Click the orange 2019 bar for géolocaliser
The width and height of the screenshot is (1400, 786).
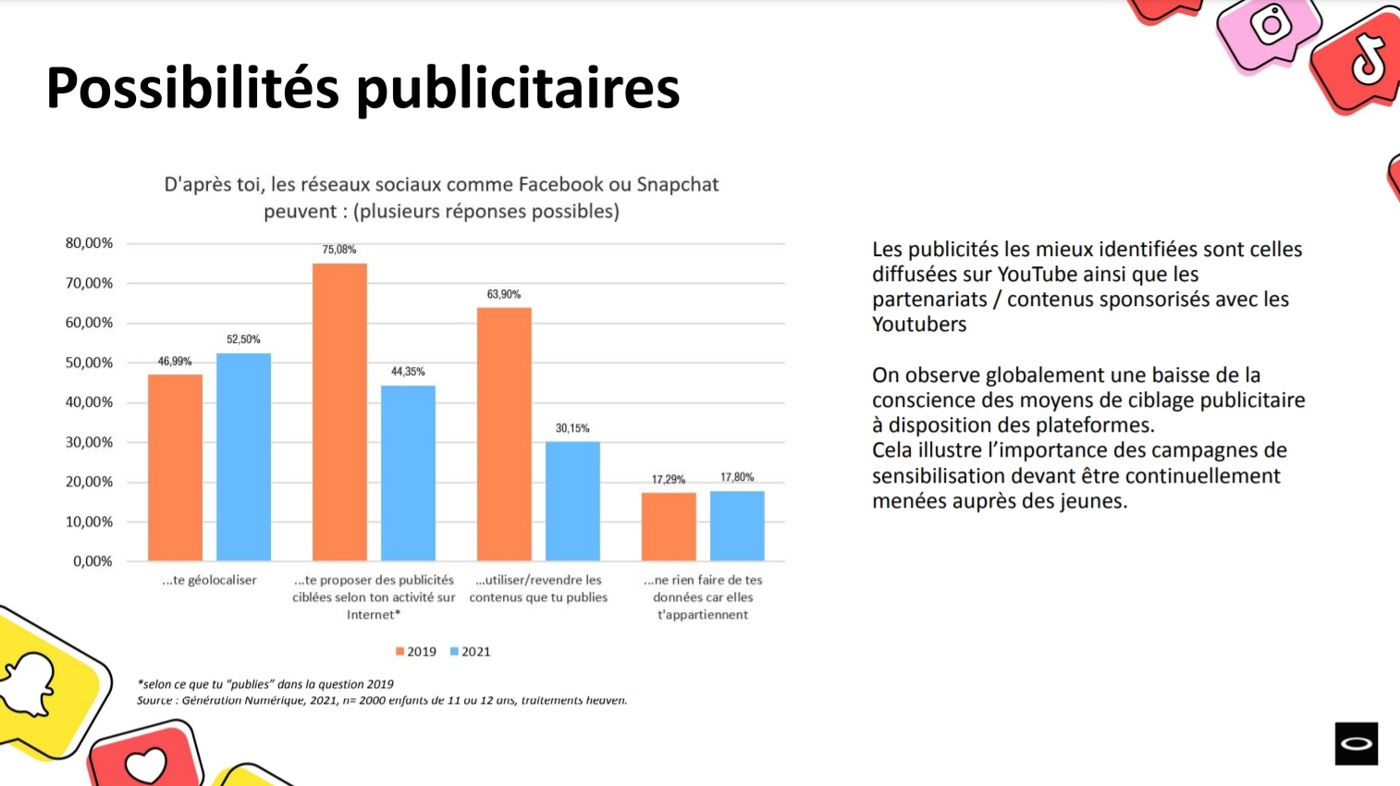pos(175,467)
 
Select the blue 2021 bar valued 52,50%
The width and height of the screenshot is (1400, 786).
pos(243,457)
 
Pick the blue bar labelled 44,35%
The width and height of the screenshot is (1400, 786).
pos(408,473)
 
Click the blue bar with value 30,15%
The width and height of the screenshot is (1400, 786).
pos(572,501)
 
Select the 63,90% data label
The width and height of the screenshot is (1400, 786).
pos(504,294)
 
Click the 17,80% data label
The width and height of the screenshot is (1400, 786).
pos(737,477)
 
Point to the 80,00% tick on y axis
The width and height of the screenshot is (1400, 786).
pos(89,243)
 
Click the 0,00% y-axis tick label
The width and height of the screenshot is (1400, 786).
pos(92,561)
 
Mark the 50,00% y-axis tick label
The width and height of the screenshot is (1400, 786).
pos(89,362)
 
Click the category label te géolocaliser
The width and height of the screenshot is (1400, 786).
pos(209,581)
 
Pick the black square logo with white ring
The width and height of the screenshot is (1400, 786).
pos(1356,743)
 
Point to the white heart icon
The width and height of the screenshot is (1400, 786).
pos(145,765)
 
